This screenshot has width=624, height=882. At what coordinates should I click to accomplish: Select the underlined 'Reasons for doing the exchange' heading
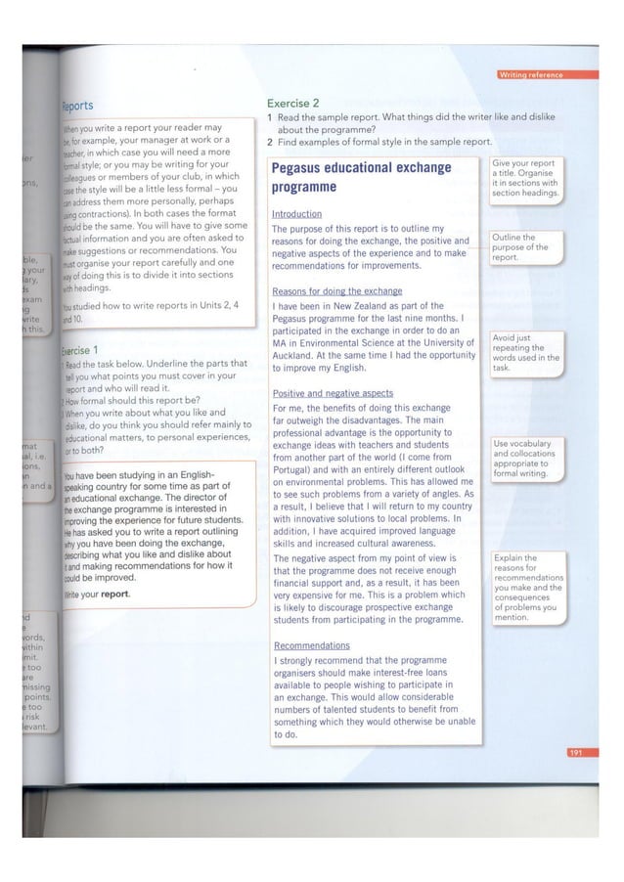pos(336,291)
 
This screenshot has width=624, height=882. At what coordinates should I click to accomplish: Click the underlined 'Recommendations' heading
pos(311,645)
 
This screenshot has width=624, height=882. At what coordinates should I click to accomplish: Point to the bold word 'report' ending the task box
pos(115,595)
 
